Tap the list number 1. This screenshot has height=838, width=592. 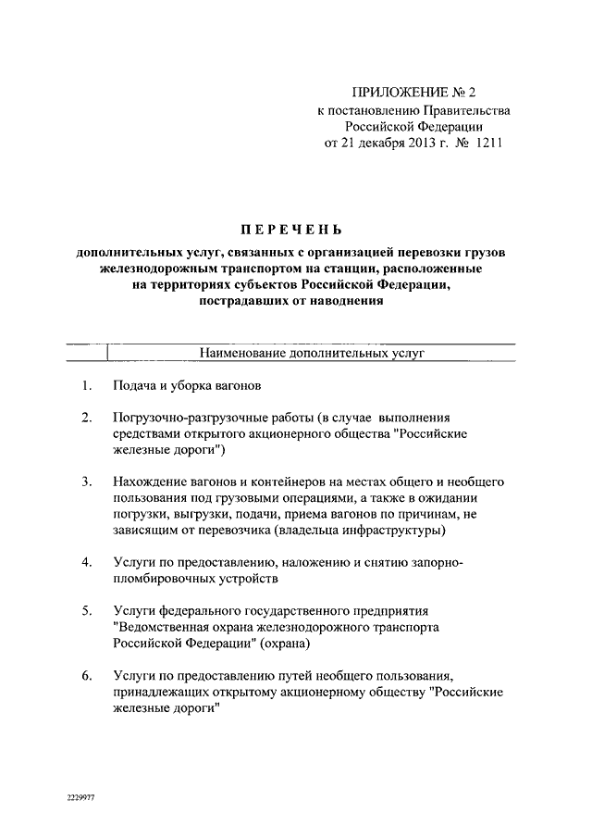(85, 385)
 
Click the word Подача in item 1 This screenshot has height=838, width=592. (133, 385)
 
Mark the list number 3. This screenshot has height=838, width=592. (85, 482)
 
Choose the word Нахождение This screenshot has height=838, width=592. (152, 482)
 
